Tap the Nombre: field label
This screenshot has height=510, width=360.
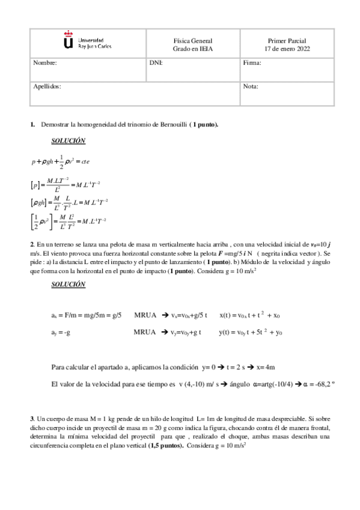point(45,63)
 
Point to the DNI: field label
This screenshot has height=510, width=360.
point(156,63)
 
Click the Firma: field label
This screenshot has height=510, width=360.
point(252,63)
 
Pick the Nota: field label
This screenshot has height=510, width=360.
point(251,87)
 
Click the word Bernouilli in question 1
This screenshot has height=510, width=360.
point(169,124)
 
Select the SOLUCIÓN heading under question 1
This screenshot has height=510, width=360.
point(68,141)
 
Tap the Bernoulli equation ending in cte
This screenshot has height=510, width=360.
point(61,161)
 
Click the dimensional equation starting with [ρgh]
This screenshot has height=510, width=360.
point(69,203)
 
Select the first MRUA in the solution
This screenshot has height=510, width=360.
point(145,315)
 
